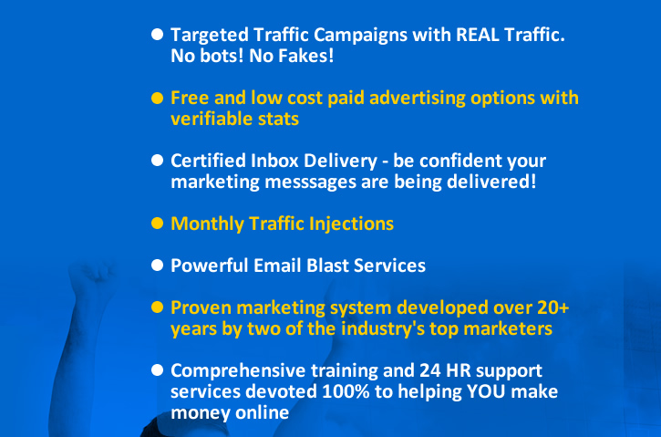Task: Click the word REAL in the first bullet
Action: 478,35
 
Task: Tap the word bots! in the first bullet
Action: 222,56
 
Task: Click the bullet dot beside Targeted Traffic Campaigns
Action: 157,35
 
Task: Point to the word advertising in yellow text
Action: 418,99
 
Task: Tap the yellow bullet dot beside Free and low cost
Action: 157,99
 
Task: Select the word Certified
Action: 208,161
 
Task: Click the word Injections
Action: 351,224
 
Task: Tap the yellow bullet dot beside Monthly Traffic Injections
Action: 157,224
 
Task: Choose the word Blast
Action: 327,265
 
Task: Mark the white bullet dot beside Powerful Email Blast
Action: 157,265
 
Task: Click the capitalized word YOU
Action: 486,392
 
